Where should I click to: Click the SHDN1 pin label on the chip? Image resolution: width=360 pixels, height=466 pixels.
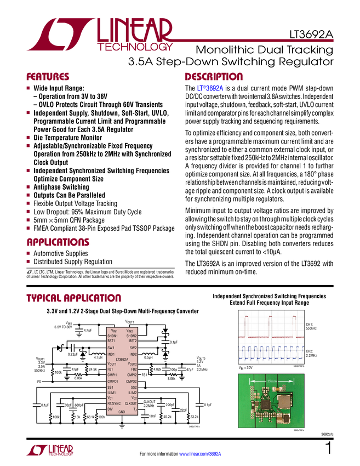point(112,336)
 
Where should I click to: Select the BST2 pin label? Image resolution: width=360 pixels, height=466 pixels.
point(133,341)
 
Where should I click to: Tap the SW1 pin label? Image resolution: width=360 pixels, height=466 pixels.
point(111,348)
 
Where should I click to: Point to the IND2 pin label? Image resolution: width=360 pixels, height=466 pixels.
point(133,354)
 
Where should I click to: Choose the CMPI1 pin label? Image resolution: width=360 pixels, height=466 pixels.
point(112,375)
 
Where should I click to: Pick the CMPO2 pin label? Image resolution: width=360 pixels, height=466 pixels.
point(132,381)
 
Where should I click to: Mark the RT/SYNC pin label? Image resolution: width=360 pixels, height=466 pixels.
point(114,403)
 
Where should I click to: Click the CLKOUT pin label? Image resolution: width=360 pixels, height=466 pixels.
point(131,403)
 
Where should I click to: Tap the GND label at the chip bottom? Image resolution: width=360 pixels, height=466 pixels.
point(122,412)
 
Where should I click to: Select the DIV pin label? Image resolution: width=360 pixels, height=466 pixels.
point(110,409)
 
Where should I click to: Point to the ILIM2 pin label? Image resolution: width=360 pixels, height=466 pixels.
point(133,393)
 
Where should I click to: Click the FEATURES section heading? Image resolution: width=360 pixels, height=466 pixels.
point(48,77)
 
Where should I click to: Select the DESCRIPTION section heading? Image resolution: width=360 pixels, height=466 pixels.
point(214,77)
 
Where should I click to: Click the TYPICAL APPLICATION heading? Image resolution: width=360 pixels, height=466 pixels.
point(74,299)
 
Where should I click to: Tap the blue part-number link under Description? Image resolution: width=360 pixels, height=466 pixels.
point(210,88)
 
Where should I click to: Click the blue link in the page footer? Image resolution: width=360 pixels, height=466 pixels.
point(201,453)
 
